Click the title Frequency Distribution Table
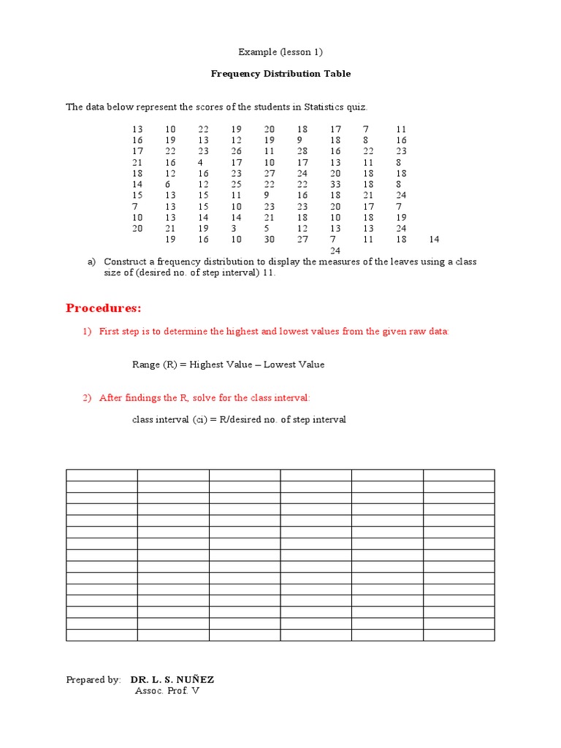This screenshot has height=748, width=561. [x=280, y=74]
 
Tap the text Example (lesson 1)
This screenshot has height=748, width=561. [x=280, y=52]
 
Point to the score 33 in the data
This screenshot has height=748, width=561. [x=335, y=185]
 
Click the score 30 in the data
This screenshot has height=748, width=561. [x=270, y=240]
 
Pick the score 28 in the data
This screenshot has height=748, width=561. [x=302, y=151]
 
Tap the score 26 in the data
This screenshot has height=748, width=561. [x=237, y=151]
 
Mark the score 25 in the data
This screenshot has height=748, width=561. [x=237, y=185]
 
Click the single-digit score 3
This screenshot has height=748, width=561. [x=234, y=229]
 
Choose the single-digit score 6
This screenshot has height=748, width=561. [x=167, y=185]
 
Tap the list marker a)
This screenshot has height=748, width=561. [x=91, y=262]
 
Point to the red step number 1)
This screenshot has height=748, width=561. [x=87, y=332]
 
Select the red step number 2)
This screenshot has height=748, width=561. [x=87, y=398]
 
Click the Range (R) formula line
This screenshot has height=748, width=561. [x=228, y=365]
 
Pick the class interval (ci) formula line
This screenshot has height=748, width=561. [x=239, y=420]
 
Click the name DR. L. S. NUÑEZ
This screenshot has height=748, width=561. [x=172, y=680]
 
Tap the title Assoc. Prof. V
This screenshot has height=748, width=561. [x=167, y=691]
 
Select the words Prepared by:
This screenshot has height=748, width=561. [x=93, y=680]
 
